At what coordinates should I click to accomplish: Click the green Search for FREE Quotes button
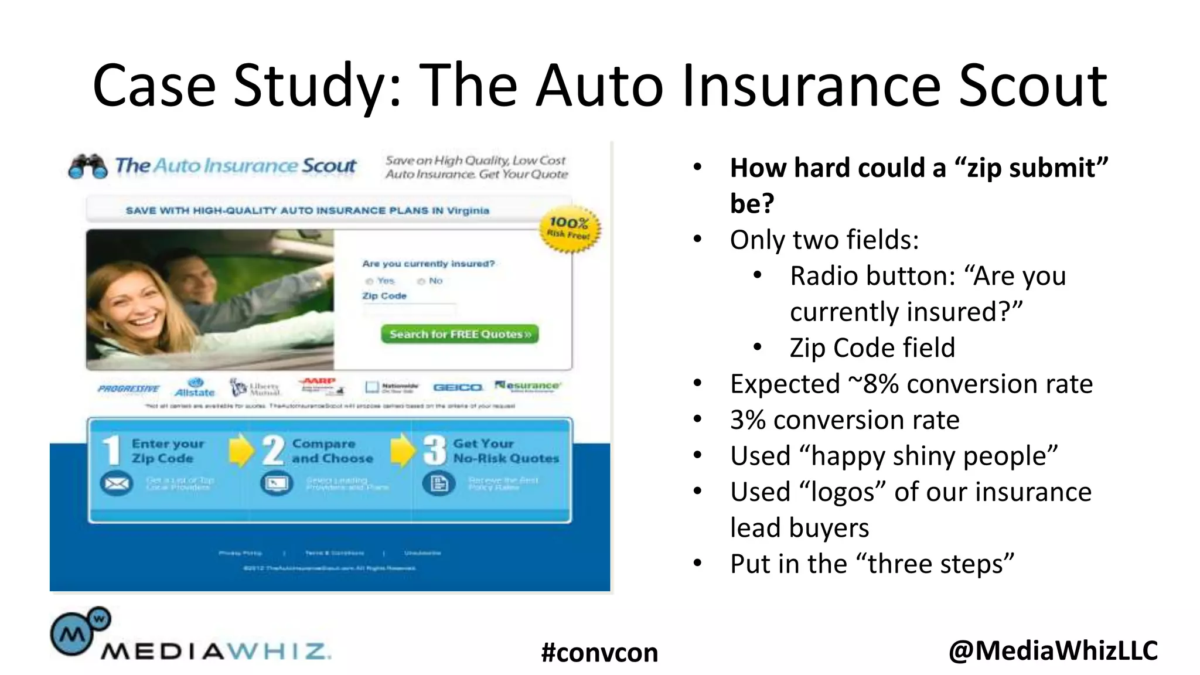click(x=459, y=334)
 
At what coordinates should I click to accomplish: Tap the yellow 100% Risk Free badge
click(x=569, y=229)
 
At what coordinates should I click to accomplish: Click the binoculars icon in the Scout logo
click(x=88, y=166)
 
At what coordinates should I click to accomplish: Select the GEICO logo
click(x=458, y=387)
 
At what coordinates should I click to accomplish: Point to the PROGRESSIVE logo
click(x=128, y=388)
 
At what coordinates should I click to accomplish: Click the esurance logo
click(x=528, y=386)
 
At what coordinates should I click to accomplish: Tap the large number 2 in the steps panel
click(x=273, y=451)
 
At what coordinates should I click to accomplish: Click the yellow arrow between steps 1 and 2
click(x=241, y=450)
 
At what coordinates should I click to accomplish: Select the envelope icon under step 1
click(x=117, y=483)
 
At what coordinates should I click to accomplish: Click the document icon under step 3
click(x=439, y=483)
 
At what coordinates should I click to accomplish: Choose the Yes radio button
click(x=370, y=281)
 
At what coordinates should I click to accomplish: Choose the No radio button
click(x=421, y=281)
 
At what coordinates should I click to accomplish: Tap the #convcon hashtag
click(x=599, y=652)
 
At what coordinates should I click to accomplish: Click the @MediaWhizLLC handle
click(x=1053, y=650)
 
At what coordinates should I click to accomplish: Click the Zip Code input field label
click(x=384, y=296)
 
